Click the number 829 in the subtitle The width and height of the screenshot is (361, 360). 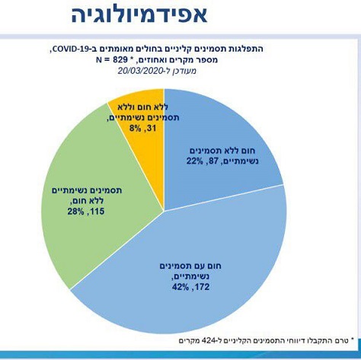coord(118,60)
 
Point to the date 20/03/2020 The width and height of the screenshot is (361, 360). coord(140,71)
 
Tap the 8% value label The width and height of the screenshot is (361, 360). coord(135,129)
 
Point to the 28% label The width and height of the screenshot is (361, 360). coord(75,212)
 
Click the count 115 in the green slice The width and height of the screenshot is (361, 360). coord(97,212)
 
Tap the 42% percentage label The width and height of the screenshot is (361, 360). coord(180,287)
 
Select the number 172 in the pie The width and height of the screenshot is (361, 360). coord(203,287)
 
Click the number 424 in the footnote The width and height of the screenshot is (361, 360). coord(209,340)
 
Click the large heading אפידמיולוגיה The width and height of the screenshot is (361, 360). coord(139,14)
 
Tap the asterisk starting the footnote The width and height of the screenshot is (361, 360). coord(352,339)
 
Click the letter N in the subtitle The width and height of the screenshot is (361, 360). coord(99,60)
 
